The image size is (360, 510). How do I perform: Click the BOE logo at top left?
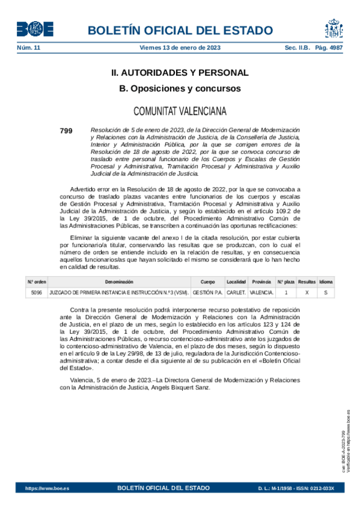point(35,29)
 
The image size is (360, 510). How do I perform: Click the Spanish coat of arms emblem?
point(334,28)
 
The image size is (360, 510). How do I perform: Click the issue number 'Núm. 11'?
point(28,47)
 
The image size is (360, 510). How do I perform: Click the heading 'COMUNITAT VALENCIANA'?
point(180,111)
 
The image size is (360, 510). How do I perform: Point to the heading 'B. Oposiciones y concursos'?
point(180,88)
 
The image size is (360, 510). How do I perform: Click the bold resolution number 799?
point(66,130)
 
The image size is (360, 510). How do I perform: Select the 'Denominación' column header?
point(119,281)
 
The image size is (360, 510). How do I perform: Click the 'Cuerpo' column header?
point(207,281)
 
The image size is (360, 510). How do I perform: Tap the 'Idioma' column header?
point(326,281)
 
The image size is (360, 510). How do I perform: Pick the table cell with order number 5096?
point(36,292)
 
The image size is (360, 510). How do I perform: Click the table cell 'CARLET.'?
point(236,292)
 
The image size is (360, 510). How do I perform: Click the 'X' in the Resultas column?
point(307,292)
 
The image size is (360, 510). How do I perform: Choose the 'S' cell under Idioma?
point(326,292)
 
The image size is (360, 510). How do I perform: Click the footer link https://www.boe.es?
point(47,488)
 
